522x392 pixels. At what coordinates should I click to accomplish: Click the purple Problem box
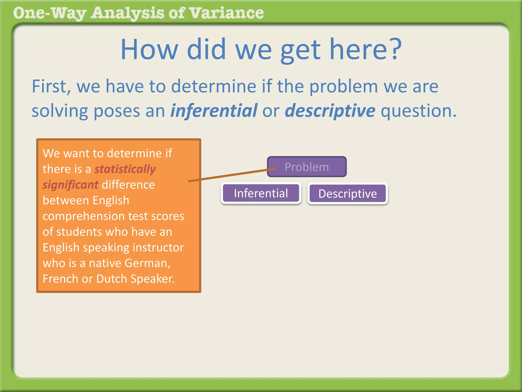click(x=307, y=167)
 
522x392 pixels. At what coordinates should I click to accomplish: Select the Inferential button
click(x=261, y=193)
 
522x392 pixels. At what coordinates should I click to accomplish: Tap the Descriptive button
click(x=347, y=194)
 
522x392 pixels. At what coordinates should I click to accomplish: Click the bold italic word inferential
click(x=214, y=111)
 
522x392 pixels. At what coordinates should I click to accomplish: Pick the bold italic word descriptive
click(x=330, y=111)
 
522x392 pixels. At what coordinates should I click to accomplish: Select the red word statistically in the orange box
click(x=125, y=169)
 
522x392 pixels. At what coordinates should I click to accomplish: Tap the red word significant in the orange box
click(x=70, y=185)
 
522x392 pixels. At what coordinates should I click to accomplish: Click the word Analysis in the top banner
click(x=127, y=13)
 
